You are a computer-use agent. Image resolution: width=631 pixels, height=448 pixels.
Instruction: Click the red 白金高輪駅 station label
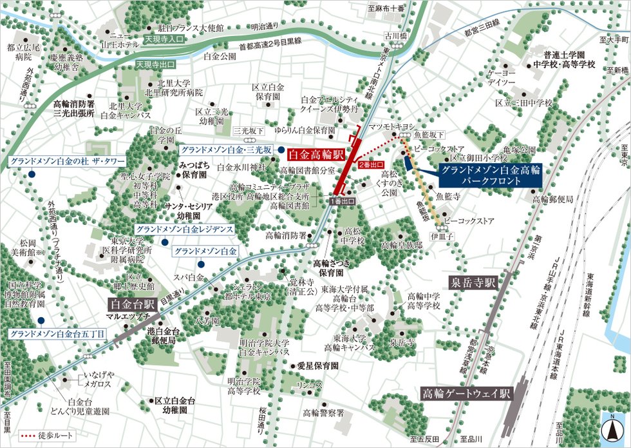[x=316, y=155]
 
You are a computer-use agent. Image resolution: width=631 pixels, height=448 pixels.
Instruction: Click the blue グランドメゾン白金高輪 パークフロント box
[x=490, y=175]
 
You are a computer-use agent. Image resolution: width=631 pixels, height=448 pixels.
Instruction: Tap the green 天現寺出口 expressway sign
[x=155, y=65]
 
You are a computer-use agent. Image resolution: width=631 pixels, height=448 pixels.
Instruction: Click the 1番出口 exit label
[x=342, y=202]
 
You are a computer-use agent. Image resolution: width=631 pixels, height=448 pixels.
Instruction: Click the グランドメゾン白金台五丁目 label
[x=57, y=333]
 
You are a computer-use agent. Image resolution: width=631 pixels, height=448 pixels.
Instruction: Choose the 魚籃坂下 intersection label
[x=429, y=134]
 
